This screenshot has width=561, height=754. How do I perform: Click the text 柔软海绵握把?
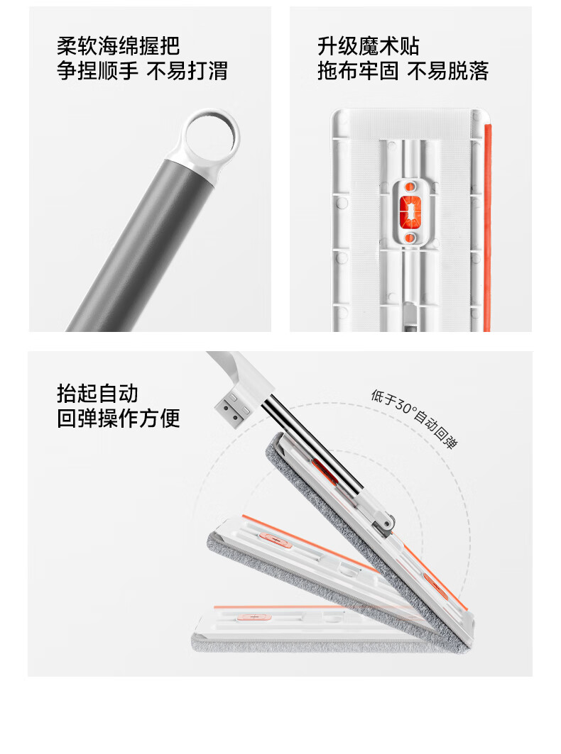click(x=119, y=47)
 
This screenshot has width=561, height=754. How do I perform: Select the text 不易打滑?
click(x=187, y=71)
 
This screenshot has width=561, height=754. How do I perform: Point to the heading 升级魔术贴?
click(x=369, y=47)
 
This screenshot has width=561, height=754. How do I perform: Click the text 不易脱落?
click(x=448, y=71)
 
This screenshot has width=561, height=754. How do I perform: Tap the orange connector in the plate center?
click(x=410, y=211)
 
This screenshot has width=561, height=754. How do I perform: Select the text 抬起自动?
click(x=98, y=394)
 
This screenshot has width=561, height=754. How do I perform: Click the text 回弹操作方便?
click(x=119, y=418)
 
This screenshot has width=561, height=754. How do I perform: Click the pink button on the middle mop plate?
click(x=275, y=540)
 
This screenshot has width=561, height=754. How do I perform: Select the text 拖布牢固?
click(x=359, y=71)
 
